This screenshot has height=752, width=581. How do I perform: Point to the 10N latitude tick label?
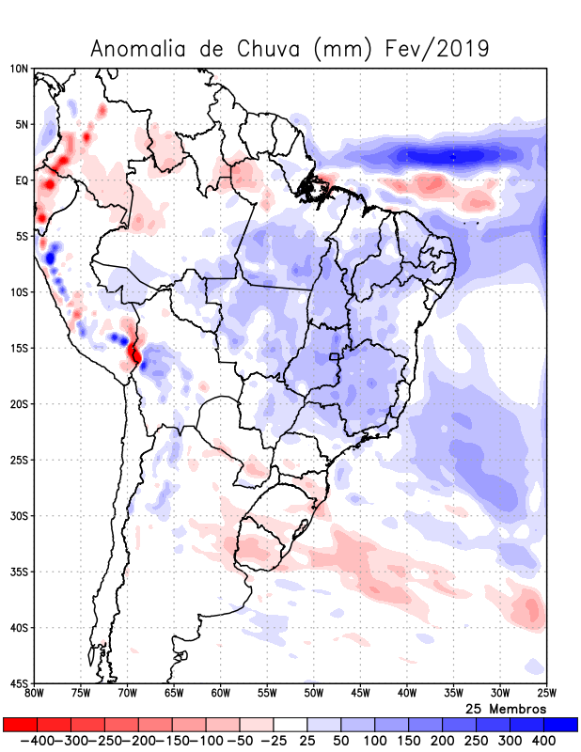point(19,69)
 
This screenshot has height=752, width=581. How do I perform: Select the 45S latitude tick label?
point(19,683)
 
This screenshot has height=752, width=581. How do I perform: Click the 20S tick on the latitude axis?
point(19,404)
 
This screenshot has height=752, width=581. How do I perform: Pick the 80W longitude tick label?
point(35,694)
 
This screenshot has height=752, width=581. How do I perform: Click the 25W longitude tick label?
point(545,694)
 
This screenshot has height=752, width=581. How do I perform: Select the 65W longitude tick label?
point(174,694)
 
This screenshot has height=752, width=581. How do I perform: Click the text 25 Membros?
point(506,708)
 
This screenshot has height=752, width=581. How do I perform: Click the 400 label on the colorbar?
point(544,741)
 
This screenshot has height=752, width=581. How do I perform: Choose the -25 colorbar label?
point(273,741)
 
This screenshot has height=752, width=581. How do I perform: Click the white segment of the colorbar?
point(290,725)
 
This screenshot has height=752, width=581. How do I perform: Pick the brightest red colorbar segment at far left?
point(20,725)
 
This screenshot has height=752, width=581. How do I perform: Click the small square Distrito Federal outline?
point(334,357)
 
